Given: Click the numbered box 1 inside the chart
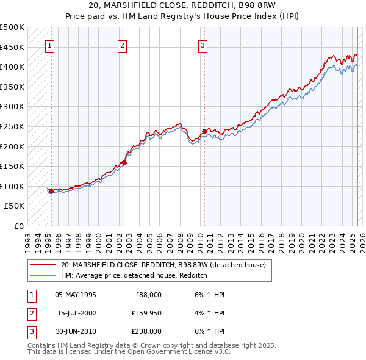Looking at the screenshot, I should (49, 45).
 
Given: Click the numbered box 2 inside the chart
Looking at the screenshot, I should (122, 45).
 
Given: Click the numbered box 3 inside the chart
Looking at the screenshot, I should (203, 45).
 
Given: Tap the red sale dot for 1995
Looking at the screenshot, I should (51, 191).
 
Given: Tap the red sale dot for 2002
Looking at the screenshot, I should (124, 162).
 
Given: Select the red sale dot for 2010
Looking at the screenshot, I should (204, 131).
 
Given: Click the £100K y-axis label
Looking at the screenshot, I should (12, 186).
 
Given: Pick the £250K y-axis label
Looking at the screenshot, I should (12, 126).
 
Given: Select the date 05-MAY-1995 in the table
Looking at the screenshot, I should (76, 295).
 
